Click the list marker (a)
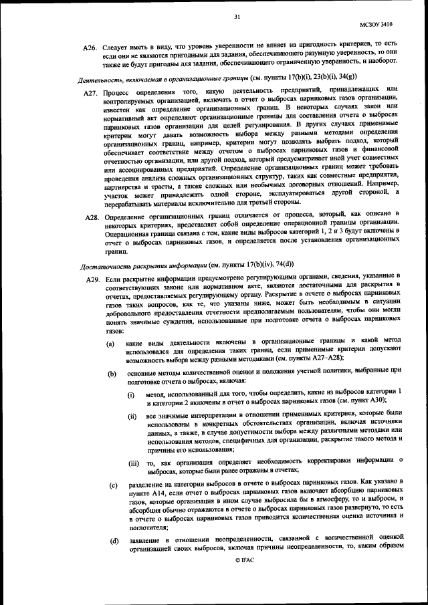111,343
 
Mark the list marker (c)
111,483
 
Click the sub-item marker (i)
130,394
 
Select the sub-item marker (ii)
132,416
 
